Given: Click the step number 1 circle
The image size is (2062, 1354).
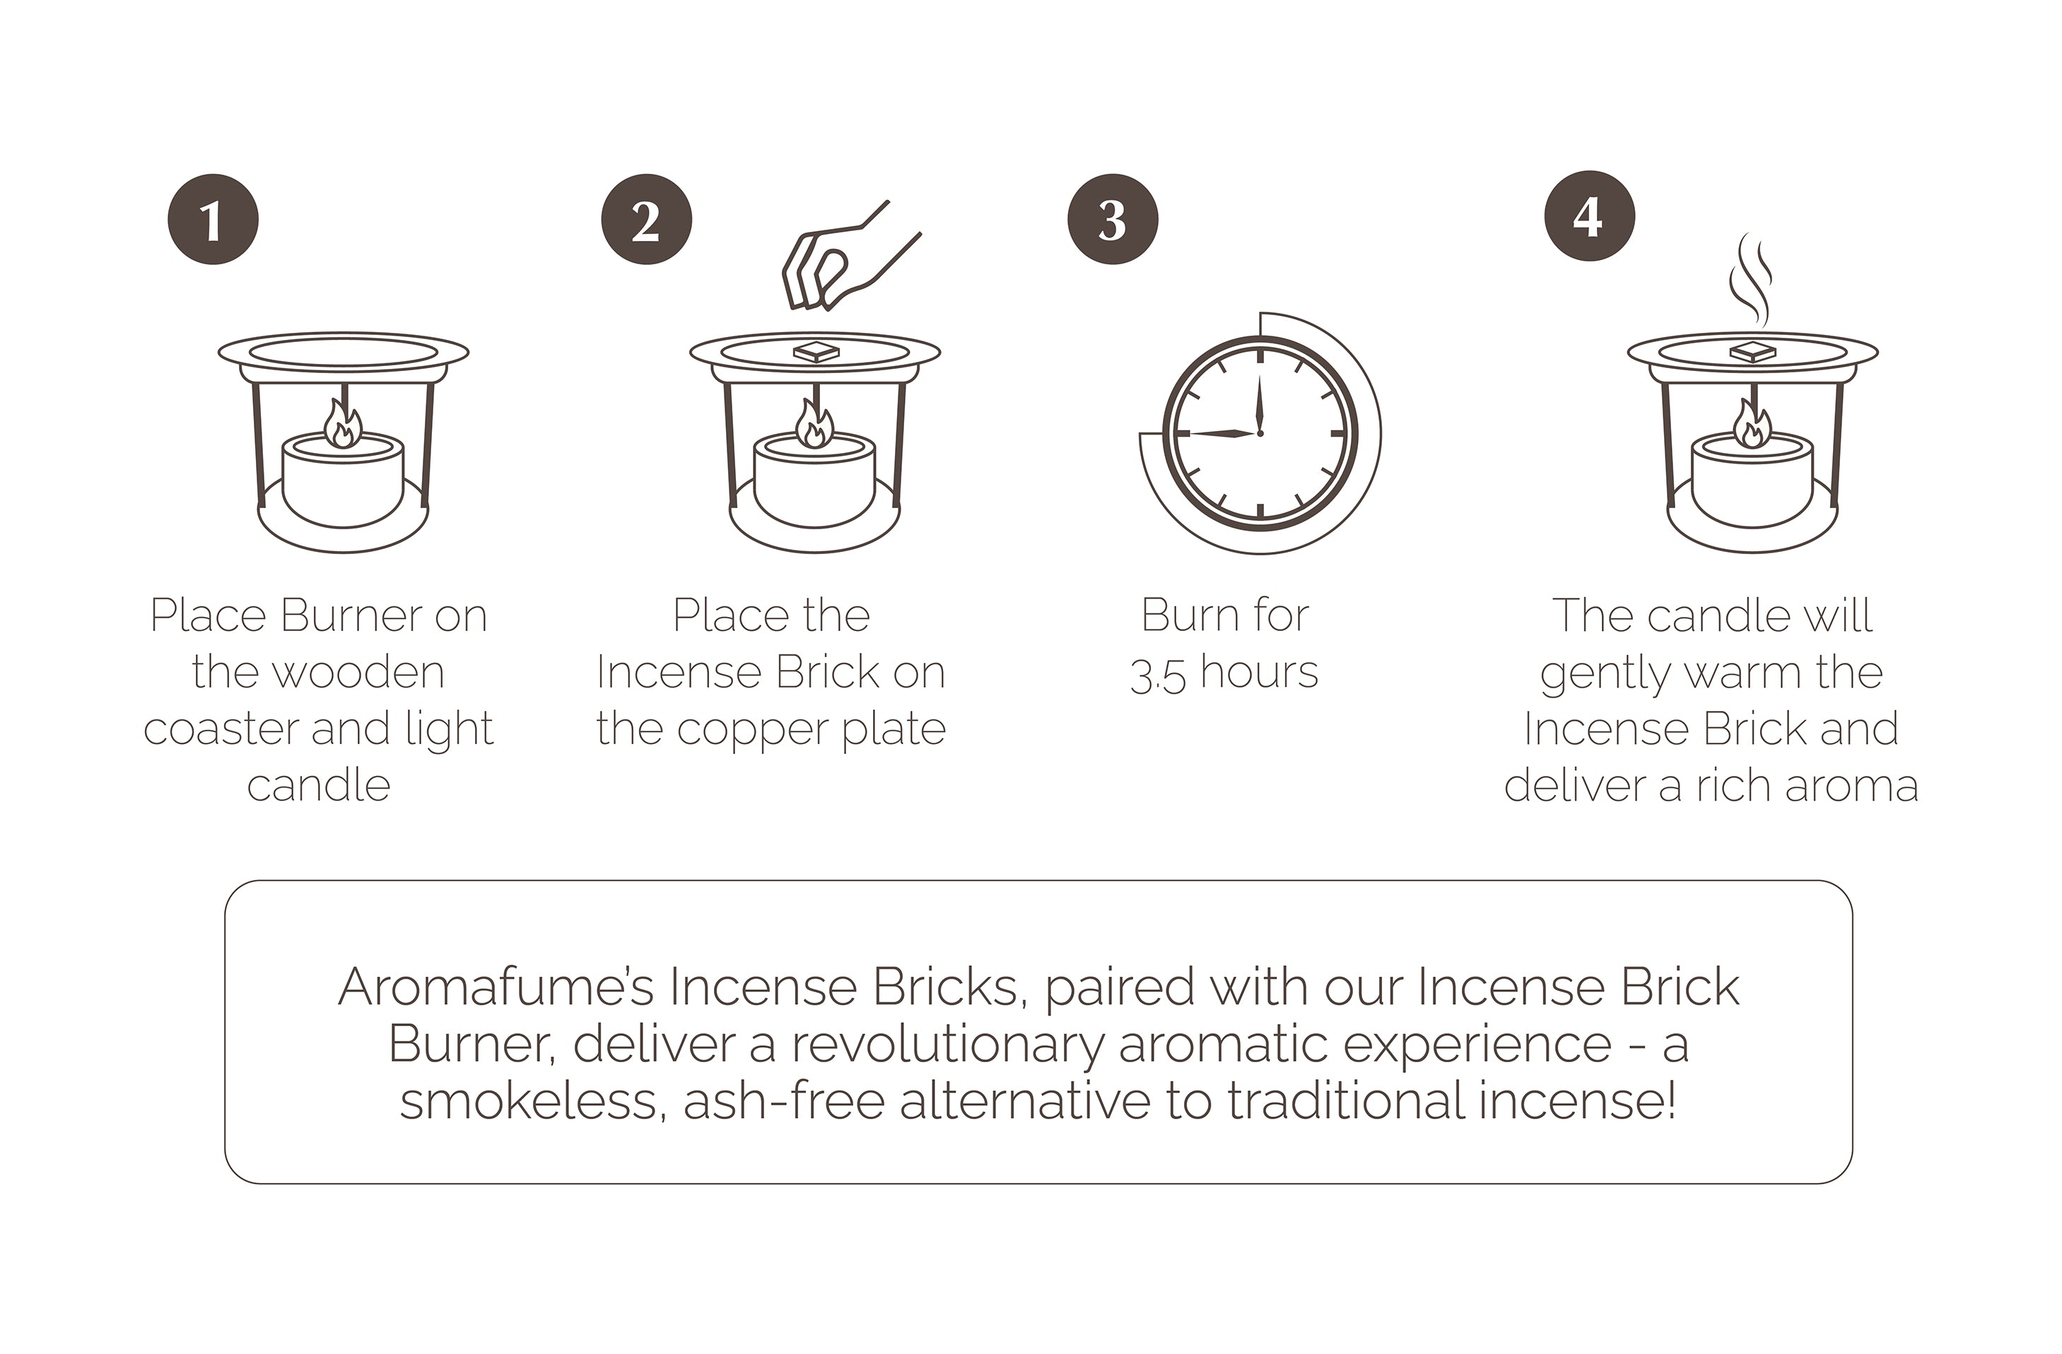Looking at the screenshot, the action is [x=213, y=219].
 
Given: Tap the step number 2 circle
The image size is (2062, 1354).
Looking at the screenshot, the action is [x=646, y=219].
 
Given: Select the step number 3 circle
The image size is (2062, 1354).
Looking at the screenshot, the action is [x=1113, y=219].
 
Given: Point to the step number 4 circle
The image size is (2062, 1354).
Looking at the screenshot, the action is [x=1590, y=216].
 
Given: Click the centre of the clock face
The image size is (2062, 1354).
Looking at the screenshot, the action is [x=1260, y=432].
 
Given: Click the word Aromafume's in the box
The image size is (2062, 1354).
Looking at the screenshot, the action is [x=496, y=986].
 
